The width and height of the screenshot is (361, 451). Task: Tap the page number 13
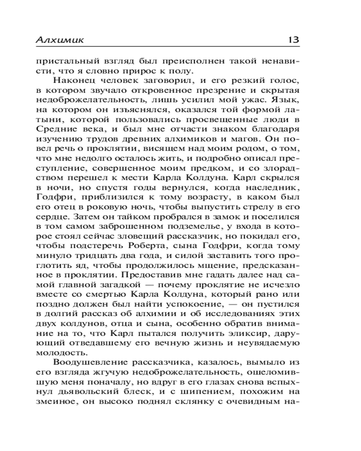(x=293, y=40)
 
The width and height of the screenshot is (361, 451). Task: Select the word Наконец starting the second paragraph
(x=74, y=81)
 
